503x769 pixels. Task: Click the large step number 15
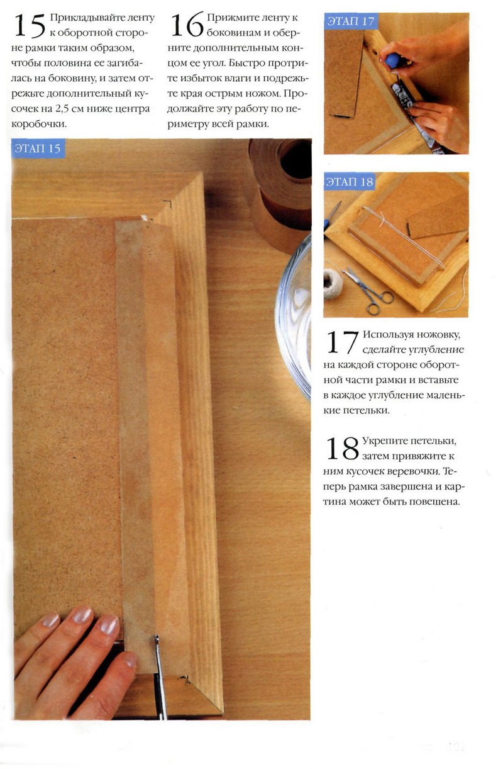click(x=30, y=26)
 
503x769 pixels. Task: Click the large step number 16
click(x=187, y=25)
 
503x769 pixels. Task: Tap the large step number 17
click(x=343, y=342)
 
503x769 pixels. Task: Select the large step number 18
click(x=343, y=448)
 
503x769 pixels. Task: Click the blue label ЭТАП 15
click(x=38, y=149)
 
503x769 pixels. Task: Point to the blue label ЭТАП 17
click(x=350, y=21)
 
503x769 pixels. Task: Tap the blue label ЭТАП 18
click(x=350, y=181)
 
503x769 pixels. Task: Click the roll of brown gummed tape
click(x=280, y=193)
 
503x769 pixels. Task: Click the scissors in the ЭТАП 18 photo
click(x=368, y=291)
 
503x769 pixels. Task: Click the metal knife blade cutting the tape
click(x=159, y=674)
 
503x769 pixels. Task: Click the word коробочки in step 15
click(x=39, y=123)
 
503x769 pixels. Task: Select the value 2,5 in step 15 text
click(x=62, y=109)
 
